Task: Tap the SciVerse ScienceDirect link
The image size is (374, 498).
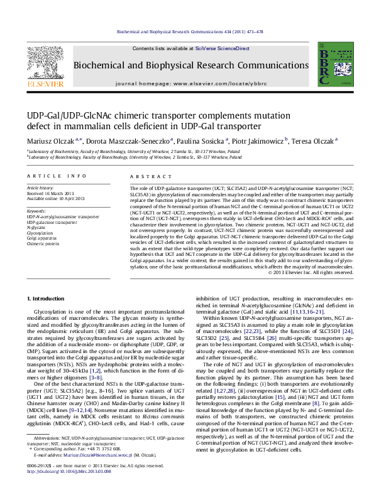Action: pos(222,48)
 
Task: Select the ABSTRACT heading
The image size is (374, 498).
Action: pos(145,177)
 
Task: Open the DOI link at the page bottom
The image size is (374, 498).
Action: pos(70,489)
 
